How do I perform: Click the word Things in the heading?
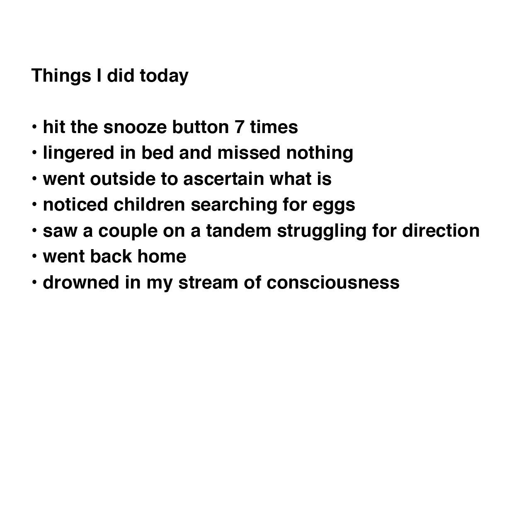61,76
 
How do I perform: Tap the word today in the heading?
164,76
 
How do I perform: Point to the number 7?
239,127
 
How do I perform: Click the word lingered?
78,153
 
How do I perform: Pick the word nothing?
320,153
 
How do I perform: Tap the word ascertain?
223,179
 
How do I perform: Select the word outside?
123,179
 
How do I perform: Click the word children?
149,205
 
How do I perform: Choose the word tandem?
238,231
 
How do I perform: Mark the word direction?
441,231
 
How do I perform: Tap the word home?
162,256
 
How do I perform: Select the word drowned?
81,282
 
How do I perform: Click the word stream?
208,283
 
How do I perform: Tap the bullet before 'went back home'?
34,256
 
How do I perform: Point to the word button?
200,127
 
